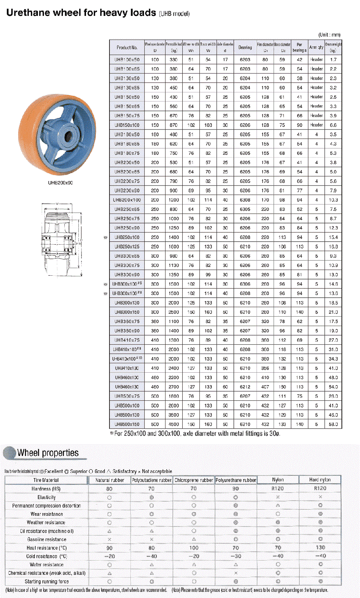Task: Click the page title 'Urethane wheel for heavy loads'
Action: coord(81,13)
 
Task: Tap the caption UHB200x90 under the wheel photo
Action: coord(60,183)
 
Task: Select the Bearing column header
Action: coord(245,48)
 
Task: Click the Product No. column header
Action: coord(127,48)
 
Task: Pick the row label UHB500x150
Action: coord(127,424)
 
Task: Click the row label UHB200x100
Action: coord(127,200)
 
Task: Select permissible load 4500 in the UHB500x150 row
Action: coord(174,424)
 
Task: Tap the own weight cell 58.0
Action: coord(333,424)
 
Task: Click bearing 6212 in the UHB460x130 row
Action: coord(245,387)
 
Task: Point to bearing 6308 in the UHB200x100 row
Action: coord(245,200)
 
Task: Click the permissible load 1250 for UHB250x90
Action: coord(174,228)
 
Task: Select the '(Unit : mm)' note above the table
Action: coord(330,35)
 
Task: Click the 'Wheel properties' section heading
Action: coord(48,453)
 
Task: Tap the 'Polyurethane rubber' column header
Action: coord(236,480)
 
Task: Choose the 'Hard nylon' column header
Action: coord(320,480)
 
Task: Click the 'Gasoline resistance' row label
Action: coord(47,539)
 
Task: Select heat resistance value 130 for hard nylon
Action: coord(320,548)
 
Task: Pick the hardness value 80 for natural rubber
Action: coord(109,489)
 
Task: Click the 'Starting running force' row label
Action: coord(47,581)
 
